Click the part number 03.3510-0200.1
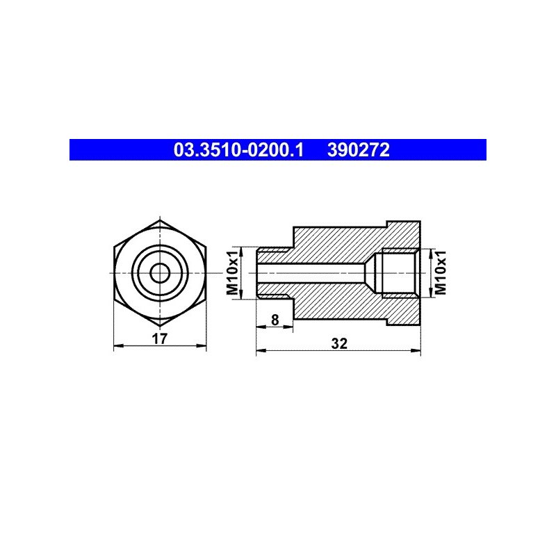pyautogui.click(x=238, y=150)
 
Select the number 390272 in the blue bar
pyautogui.click(x=358, y=150)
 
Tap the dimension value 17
pyautogui.click(x=160, y=339)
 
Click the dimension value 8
pyautogui.click(x=275, y=320)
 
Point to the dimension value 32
pyautogui.click(x=339, y=343)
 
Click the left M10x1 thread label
pyautogui.click(x=233, y=273)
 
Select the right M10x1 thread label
pyautogui.click(x=441, y=273)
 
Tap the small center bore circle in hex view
pyautogui.click(x=160, y=273)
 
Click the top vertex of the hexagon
pyautogui.click(x=160, y=220)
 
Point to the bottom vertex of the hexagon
pyautogui.click(x=160, y=326)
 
